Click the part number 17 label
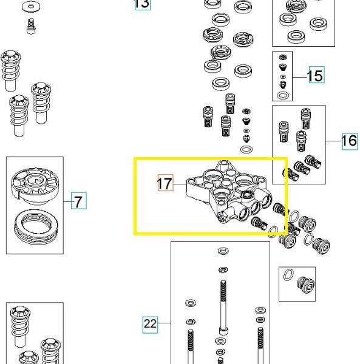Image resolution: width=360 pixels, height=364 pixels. point(165,183)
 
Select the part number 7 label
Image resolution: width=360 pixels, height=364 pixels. point(78,201)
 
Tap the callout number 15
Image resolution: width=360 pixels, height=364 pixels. point(316,75)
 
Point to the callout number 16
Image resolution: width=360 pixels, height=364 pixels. point(350,141)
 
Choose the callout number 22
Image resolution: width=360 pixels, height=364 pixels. point(150,325)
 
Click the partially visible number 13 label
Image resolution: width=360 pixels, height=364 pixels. point(142,5)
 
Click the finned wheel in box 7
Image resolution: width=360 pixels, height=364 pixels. point(35,186)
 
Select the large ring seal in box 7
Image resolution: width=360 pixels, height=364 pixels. point(36,226)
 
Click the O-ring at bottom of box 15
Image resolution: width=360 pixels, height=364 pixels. point(283,95)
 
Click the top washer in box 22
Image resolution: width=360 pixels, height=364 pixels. point(223,251)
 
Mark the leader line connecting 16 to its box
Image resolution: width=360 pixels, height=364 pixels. point(333,141)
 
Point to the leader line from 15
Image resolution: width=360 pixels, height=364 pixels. point(301,77)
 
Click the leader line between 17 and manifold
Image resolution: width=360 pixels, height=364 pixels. point(180,184)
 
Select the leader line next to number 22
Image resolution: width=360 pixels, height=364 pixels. point(164,323)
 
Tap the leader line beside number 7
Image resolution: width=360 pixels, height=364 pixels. point(67,201)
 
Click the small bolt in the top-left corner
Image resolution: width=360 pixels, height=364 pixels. point(31,26)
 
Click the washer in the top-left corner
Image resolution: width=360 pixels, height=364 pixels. point(31,7)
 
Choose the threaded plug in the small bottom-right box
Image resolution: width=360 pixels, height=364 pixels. point(305,285)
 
